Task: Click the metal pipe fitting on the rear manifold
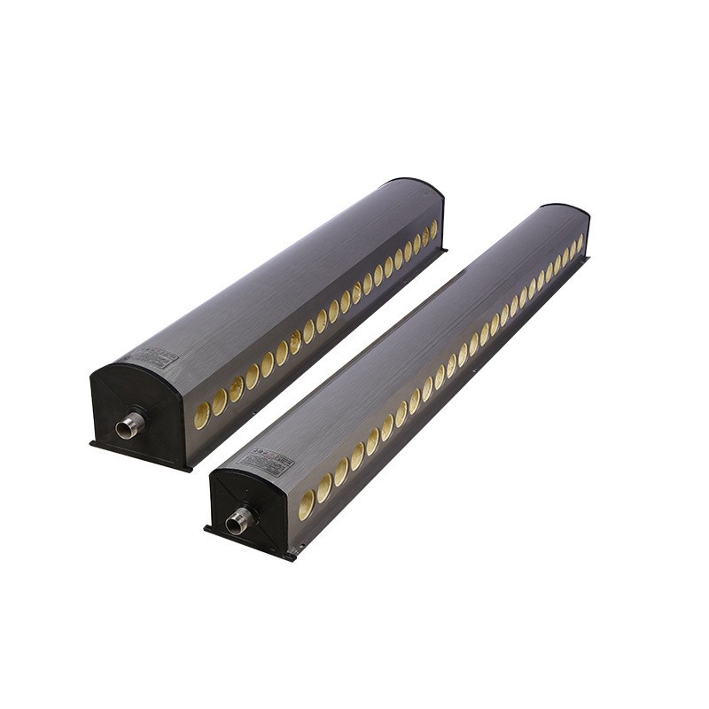click(x=131, y=425)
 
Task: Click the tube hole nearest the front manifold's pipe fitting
click(x=307, y=504)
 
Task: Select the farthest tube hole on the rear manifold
click(x=433, y=230)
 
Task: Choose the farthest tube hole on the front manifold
click(x=581, y=240)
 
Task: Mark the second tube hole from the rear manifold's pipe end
click(x=220, y=401)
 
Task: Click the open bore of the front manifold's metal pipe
click(x=233, y=526)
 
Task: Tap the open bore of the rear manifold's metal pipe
click(x=123, y=432)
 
